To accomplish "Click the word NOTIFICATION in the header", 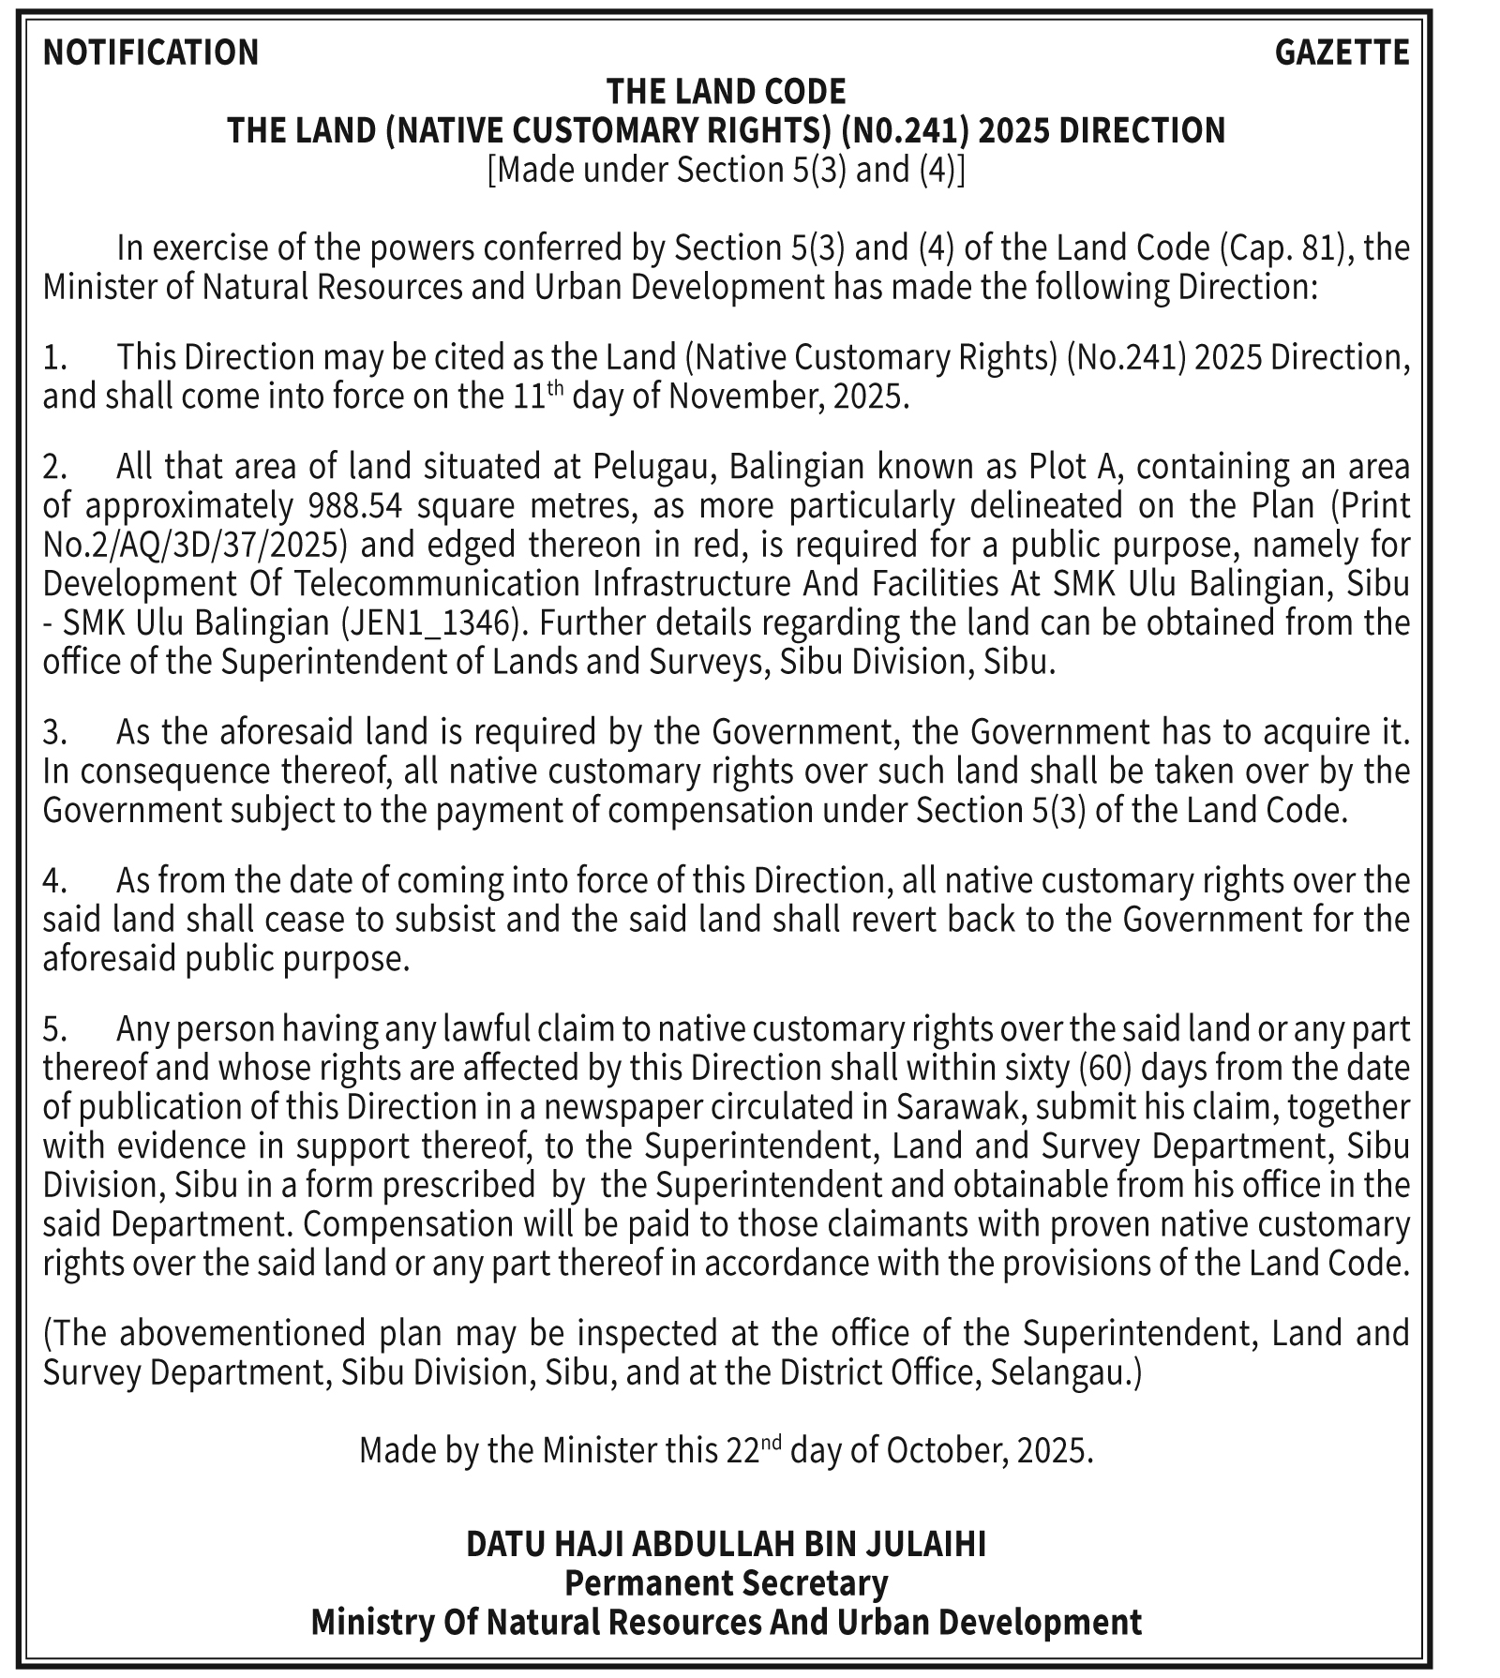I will click(151, 52).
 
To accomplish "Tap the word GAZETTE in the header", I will click(1342, 52).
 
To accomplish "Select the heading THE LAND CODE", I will click(726, 92).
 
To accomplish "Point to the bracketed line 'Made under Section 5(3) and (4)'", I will click(726, 170).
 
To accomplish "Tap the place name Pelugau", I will click(654, 466).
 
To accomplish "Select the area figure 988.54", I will click(355, 505).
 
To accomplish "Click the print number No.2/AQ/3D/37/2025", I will click(197, 545).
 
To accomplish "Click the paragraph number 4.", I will click(53, 881).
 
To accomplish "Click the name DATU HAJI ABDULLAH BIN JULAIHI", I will click(726, 1544).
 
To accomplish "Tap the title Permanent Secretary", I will click(726, 1583).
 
